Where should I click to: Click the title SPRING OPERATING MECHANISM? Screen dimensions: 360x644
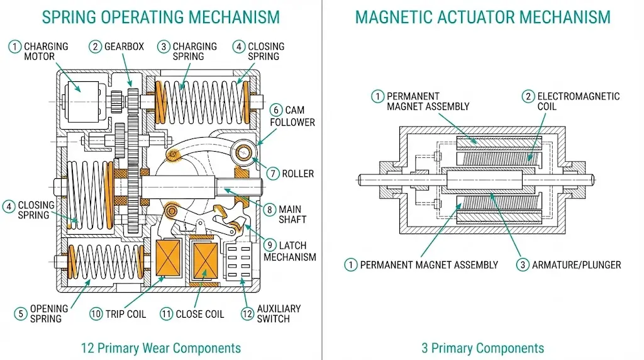160,17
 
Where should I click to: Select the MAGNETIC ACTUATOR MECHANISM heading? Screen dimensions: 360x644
482,17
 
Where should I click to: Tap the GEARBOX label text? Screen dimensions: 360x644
124,47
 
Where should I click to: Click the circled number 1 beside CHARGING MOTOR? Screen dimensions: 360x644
14,47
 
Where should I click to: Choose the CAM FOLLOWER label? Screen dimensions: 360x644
292,116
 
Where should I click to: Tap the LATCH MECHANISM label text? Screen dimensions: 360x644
290,251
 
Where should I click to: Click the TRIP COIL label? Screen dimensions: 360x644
126,314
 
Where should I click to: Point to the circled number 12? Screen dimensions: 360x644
247,313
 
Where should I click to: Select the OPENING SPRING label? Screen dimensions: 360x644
48,313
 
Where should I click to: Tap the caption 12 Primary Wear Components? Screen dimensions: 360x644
160,348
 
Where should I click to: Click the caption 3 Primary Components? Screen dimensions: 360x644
482,348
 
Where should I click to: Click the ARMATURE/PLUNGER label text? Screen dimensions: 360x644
576,265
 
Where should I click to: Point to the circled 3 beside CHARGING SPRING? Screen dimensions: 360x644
164,47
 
